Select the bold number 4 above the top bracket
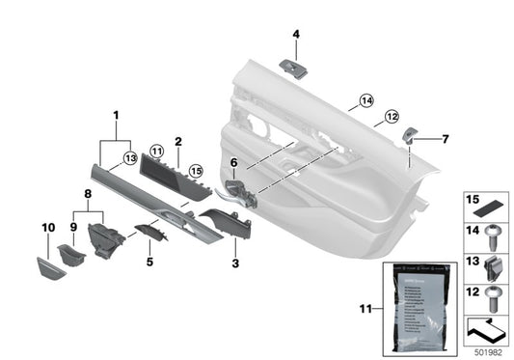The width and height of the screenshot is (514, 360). (x=296, y=36)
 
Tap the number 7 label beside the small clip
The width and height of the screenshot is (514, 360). (x=445, y=138)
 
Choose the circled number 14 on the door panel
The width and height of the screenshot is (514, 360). (x=365, y=100)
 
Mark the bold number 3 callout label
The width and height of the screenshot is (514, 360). (x=235, y=262)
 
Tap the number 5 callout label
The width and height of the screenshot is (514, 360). (x=149, y=261)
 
